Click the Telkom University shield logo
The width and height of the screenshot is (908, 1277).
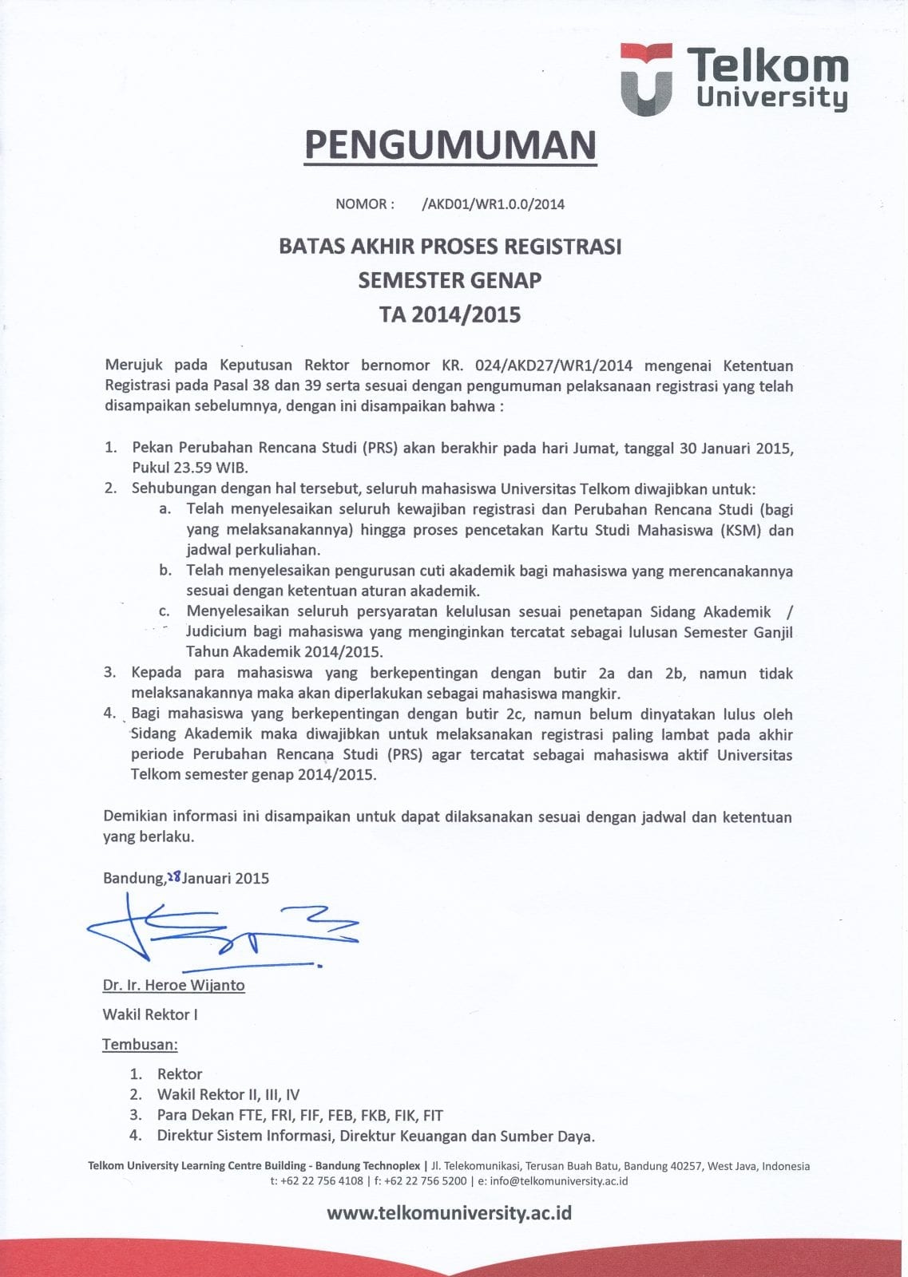646,79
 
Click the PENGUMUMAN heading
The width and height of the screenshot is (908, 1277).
450,144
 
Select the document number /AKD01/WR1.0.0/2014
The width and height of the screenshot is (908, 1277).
493,204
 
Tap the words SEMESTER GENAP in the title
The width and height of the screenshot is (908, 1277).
450,280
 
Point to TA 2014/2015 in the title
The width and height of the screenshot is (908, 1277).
450,314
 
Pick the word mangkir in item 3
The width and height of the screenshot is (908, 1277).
593,694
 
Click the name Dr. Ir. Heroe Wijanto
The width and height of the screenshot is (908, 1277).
173,985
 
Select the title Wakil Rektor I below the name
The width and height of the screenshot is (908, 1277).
150,1014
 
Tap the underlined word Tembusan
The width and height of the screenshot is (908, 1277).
140,1044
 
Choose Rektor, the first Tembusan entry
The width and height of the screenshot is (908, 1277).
180,1074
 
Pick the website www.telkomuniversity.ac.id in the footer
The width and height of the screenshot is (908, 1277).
449,1213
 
